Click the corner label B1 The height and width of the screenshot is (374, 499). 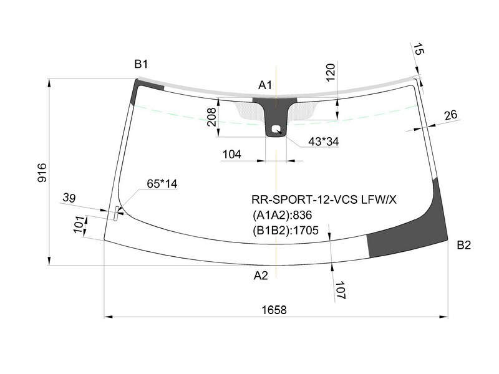tap(141, 64)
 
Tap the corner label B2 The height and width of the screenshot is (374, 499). tap(463, 245)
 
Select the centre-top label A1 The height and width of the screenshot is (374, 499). tap(264, 85)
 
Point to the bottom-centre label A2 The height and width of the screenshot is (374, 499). tap(261, 276)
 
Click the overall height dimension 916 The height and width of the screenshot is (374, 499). tap(42, 173)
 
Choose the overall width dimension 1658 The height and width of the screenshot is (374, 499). tap(274, 309)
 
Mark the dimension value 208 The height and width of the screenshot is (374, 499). tap(211, 117)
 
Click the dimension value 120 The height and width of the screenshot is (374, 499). tap(331, 73)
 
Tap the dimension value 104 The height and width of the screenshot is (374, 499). tap(231, 154)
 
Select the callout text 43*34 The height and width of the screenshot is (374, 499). tap(324, 141)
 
